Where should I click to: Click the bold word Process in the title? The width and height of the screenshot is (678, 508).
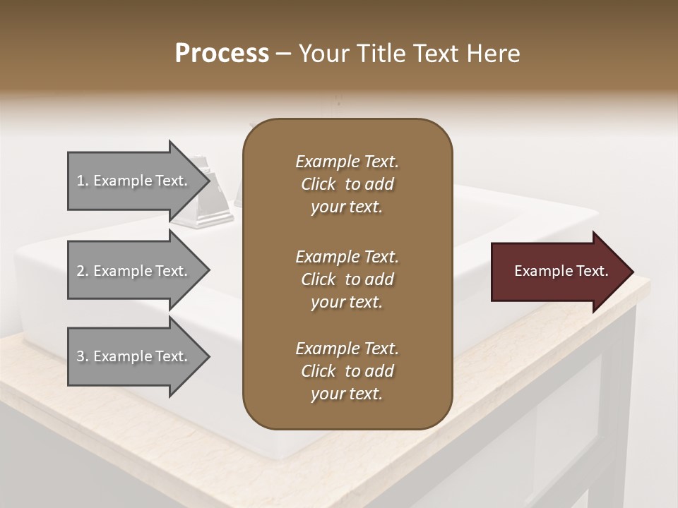pyautogui.click(x=222, y=54)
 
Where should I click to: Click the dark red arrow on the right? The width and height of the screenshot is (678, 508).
pyautogui.click(x=558, y=271)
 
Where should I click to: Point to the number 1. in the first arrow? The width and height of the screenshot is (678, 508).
pyautogui.click(x=83, y=181)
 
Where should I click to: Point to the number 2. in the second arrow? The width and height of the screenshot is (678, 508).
pyautogui.click(x=83, y=271)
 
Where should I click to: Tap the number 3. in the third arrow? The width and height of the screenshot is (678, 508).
pyautogui.click(x=83, y=356)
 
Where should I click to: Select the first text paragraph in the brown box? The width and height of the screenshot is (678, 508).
pyautogui.click(x=347, y=184)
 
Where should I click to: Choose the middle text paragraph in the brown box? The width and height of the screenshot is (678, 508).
pyautogui.click(x=347, y=279)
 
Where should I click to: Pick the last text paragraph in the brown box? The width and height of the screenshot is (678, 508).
pyautogui.click(x=347, y=371)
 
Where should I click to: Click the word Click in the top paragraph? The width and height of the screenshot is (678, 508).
pyautogui.click(x=319, y=184)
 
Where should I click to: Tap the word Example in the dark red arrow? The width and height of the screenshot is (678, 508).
pyautogui.click(x=539, y=271)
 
